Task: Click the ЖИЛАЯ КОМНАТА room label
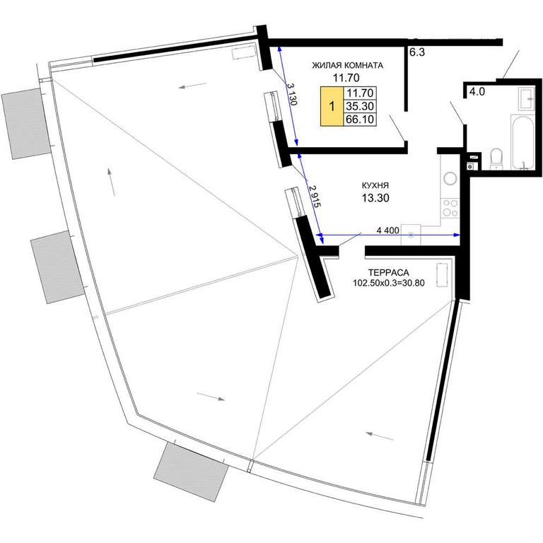click(x=347, y=66)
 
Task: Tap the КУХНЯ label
click(x=375, y=186)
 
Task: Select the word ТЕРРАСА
click(x=388, y=272)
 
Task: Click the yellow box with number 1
click(x=332, y=106)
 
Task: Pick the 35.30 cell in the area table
click(x=360, y=106)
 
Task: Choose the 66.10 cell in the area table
click(x=360, y=119)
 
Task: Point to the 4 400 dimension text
click(x=387, y=230)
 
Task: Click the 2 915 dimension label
click(x=315, y=196)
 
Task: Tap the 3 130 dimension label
click(x=291, y=94)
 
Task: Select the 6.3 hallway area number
click(x=417, y=52)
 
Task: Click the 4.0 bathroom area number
click(x=477, y=92)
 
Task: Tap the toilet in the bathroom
click(x=496, y=159)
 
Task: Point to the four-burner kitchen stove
click(x=450, y=208)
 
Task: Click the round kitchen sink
click(x=450, y=179)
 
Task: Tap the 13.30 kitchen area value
click(x=375, y=198)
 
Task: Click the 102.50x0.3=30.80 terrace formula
click(x=389, y=283)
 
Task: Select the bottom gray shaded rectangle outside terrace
click(x=191, y=472)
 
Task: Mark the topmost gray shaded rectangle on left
click(x=27, y=123)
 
